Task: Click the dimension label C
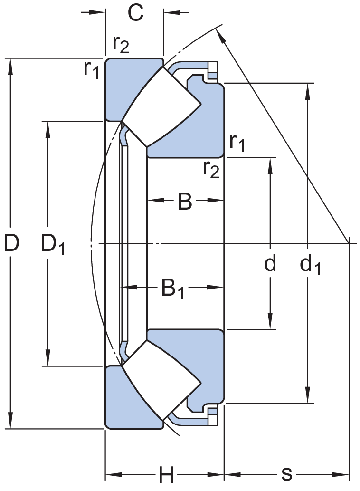click(135, 13)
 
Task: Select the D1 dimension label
click(52, 244)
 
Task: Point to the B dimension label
click(185, 202)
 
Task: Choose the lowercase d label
click(270, 263)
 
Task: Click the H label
click(166, 475)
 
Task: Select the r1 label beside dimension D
click(91, 69)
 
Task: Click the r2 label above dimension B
click(211, 168)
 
